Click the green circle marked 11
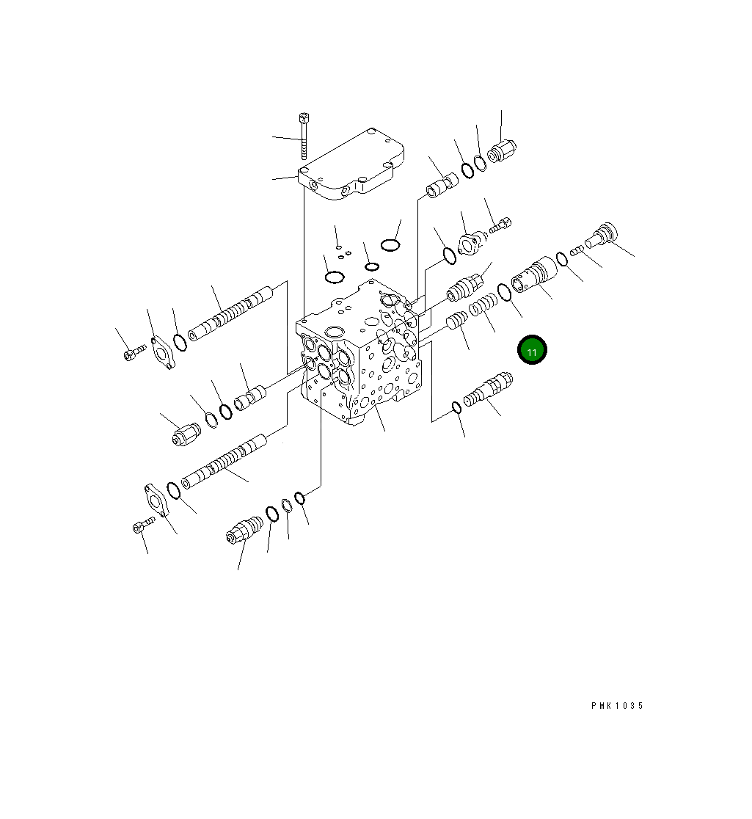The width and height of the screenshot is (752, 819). [x=532, y=352]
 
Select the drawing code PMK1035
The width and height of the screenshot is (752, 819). [x=616, y=706]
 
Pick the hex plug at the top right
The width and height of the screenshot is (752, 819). [x=503, y=150]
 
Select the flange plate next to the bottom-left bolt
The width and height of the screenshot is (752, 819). [x=156, y=500]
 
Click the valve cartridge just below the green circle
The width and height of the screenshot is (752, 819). [x=488, y=390]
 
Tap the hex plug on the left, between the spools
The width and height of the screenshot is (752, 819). [x=186, y=436]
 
